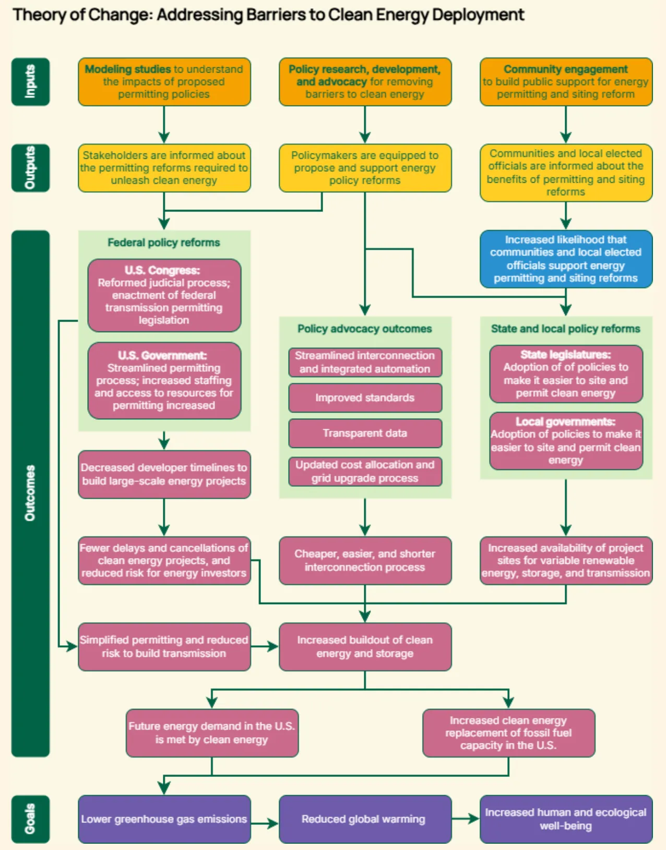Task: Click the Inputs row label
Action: click(30, 82)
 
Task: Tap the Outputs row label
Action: click(30, 168)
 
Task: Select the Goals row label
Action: click(30, 819)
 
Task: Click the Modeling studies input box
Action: click(164, 82)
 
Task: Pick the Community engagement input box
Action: click(566, 82)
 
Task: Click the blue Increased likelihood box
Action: click(566, 259)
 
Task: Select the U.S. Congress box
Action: click(164, 296)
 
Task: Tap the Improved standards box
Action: click(365, 398)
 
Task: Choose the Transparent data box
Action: click(365, 433)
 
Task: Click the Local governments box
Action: click(566, 441)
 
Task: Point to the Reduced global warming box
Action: click(365, 819)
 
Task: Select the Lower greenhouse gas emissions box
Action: click(164, 819)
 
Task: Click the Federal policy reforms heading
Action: click(164, 243)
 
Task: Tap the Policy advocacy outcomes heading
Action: click(365, 328)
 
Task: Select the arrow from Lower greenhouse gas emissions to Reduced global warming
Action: click(265, 824)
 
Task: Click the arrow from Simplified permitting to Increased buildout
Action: click(265, 646)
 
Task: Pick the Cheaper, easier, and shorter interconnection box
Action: click(365, 561)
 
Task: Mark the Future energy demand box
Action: click(212, 733)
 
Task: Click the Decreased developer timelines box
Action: click(164, 475)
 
